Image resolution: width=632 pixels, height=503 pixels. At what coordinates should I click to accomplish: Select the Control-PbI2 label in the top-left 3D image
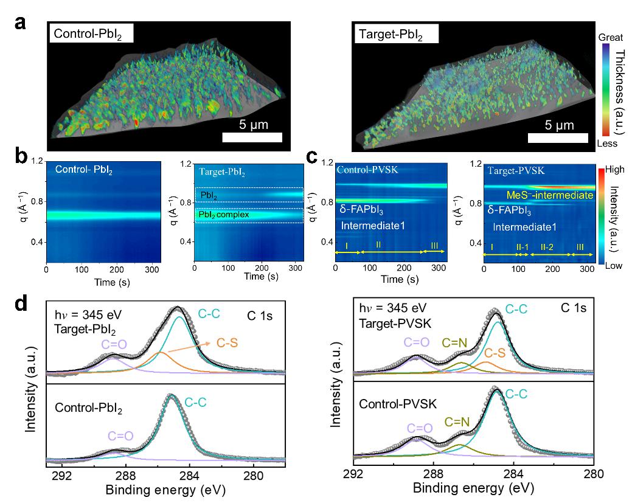point(91,34)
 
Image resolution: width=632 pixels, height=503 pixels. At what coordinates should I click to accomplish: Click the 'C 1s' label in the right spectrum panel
point(573,308)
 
